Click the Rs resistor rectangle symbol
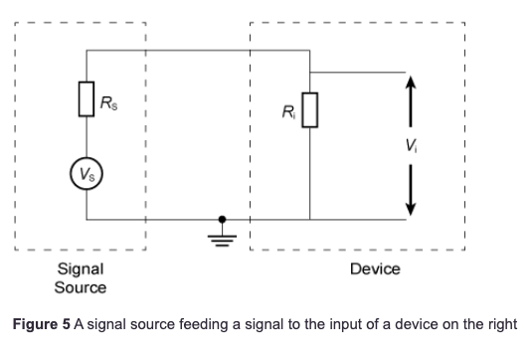click(87, 100)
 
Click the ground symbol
click(223, 237)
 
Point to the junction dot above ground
click(223, 218)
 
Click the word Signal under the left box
click(81, 269)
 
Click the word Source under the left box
click(81, 286)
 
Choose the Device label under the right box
click(375, 269)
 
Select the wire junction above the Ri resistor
click(309, 72)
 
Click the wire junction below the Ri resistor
click(309, 218)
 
